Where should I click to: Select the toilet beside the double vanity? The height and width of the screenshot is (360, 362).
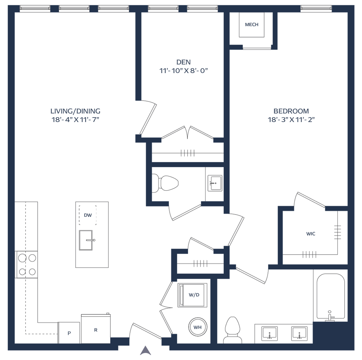click(232, 330)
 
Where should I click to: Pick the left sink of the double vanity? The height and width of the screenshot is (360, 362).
click(270, 333)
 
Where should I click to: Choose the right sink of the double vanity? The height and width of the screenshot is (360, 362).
click(300, 333)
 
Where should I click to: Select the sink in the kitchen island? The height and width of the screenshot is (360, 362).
click(86, 240)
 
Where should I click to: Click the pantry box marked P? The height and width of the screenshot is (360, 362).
click(69, 333)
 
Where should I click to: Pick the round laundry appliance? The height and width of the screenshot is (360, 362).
click(197, 328)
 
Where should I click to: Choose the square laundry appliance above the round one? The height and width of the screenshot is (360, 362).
click(193, 295)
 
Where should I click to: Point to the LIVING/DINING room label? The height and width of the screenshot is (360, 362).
click(76, 111)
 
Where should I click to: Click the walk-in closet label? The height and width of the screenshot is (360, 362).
click(310, 234)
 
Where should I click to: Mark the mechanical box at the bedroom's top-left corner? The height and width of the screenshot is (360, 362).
click(251, 25)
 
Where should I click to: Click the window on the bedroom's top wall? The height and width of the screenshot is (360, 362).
click(316, 8)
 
